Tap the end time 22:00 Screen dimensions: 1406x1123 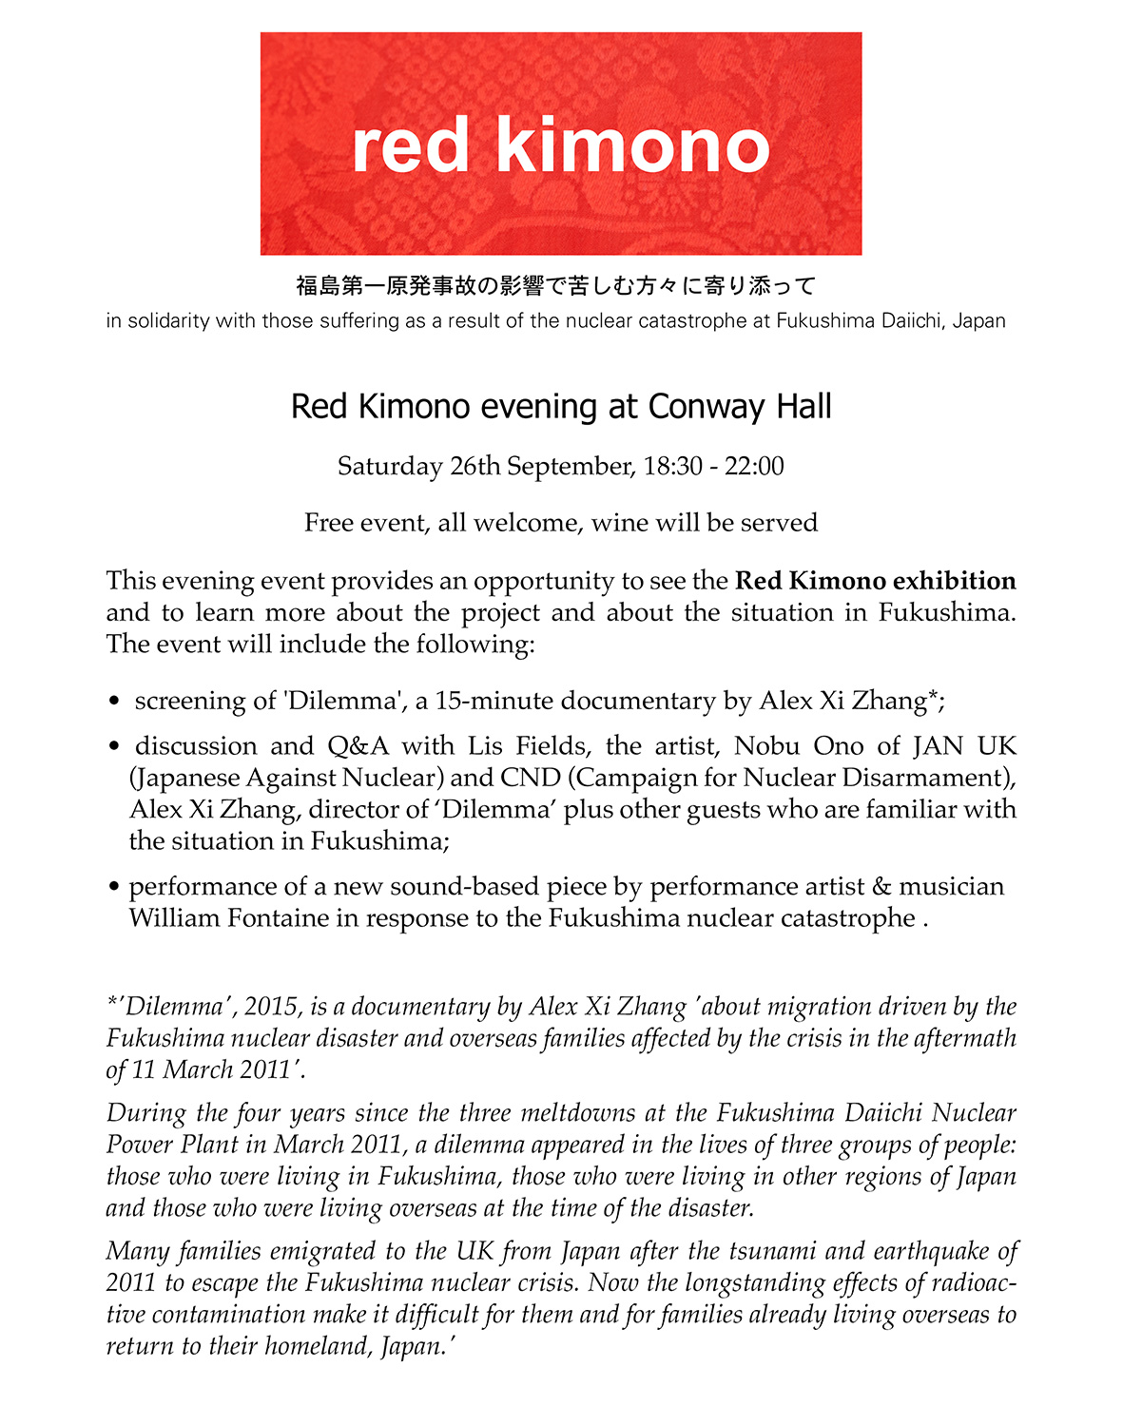[754, 467]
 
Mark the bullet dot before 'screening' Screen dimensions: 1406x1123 [114, 703]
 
